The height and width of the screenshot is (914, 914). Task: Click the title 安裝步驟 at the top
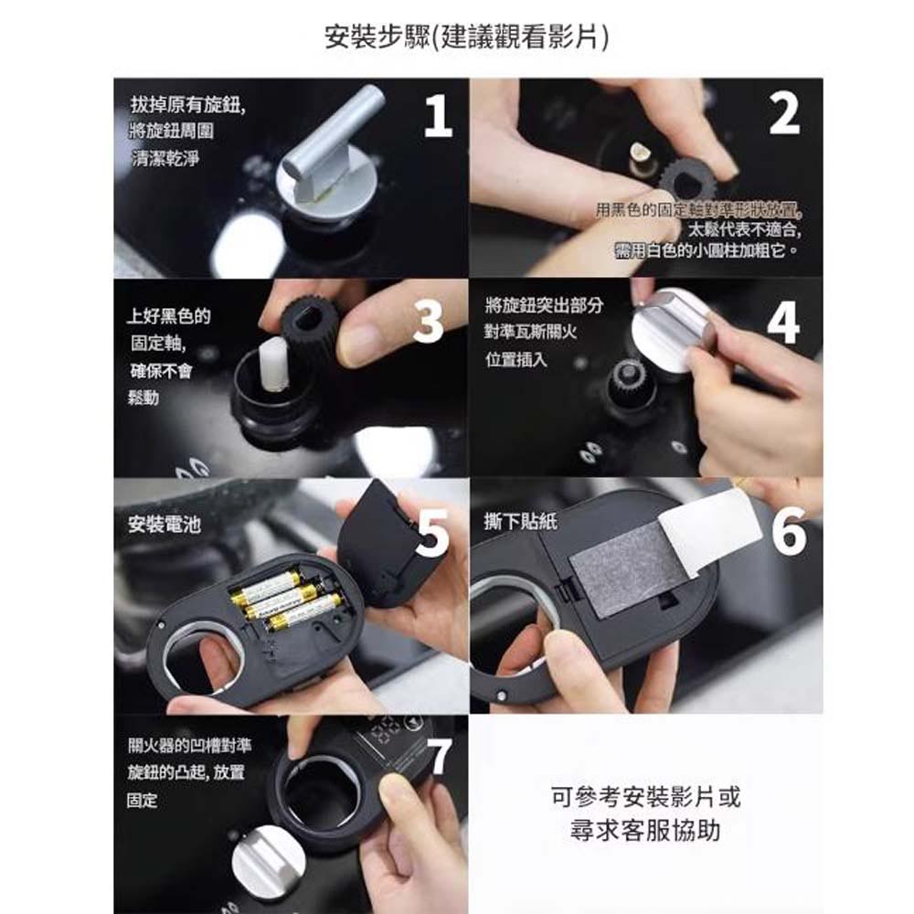[x=466, y=37]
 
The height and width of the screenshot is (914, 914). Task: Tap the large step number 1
[x=438, y=116]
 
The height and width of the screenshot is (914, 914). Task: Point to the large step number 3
[x=428, y=321]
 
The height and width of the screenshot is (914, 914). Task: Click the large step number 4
[x=784, y=322]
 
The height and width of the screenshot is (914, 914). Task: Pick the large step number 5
[x=433, y=533]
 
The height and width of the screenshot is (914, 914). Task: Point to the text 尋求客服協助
[x=646, y=830]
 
